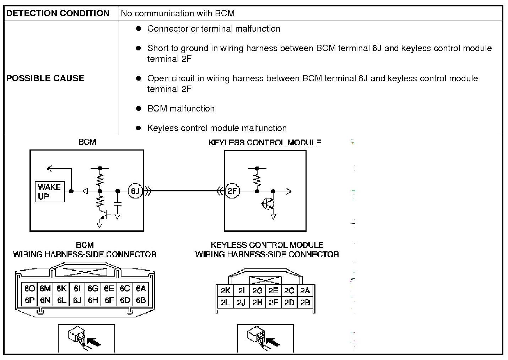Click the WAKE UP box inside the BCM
[50, 191]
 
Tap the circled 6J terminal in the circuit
[135, 191]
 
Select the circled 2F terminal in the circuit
[232, 191]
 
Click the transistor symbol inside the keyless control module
[268, 203]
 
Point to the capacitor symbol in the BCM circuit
[117, 204]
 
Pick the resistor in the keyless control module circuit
[257, 180]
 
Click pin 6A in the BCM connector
[141, 288]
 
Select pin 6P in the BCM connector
[29, 300]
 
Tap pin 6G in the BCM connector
[93, 288]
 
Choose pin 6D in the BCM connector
[125, 300]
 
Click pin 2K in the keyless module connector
[226, 290]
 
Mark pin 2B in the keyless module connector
[305, 302]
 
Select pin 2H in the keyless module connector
[258, 302]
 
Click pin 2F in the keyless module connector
[273, 302]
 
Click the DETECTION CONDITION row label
[58, 13]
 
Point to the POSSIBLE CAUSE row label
[45, 78]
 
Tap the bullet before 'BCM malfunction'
[138, 108]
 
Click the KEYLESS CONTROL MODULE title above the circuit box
[265, 142]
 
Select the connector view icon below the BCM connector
[86, 338]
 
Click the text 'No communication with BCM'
[178, 13]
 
